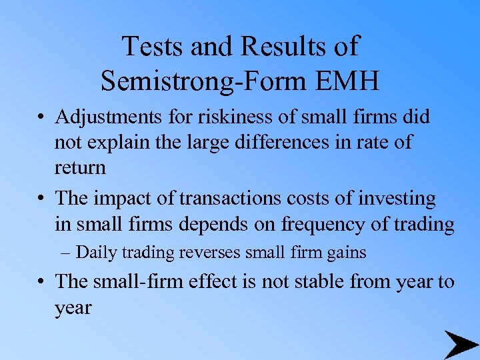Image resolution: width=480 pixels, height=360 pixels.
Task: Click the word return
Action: [80, 167]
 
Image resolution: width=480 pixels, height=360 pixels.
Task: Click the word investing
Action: [397, 199]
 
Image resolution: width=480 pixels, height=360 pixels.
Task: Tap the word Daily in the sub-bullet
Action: [95, 253]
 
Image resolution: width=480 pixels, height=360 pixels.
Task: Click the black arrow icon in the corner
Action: [461, 344]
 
